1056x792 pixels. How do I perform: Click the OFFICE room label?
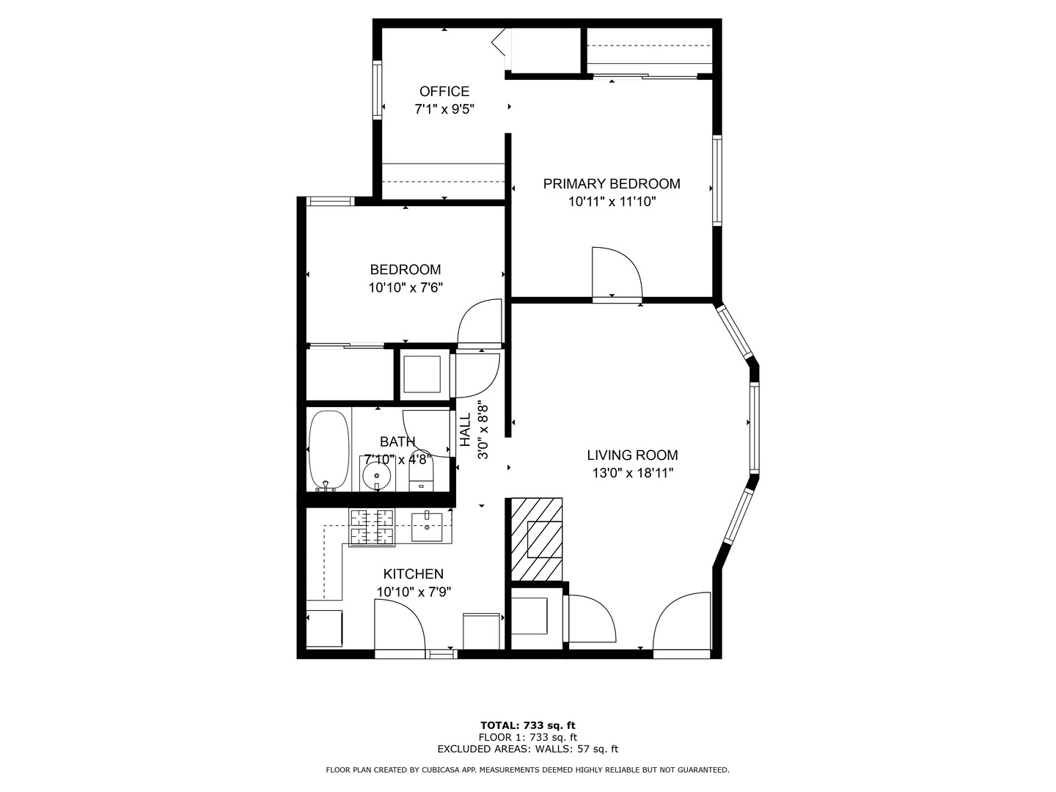(x=444, y=92)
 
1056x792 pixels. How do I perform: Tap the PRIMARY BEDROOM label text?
(x=612, y=184)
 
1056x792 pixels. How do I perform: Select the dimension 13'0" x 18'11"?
(x=632, y=474)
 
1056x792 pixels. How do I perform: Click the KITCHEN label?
(x=413, y=574)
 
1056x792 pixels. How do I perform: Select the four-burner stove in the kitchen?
(x=372, y=527)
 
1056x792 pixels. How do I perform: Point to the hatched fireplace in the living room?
(x=537, y=539)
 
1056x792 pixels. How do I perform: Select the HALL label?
(x=466, y=430)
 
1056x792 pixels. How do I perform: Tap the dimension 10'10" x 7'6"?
(x=406, y=288)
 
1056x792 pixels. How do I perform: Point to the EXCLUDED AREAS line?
(x=527, y=749)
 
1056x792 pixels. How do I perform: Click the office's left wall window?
(x=378, y=90)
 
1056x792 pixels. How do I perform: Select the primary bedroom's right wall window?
(x=716, y=180)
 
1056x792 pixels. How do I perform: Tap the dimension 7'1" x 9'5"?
(x=444, y=109)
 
